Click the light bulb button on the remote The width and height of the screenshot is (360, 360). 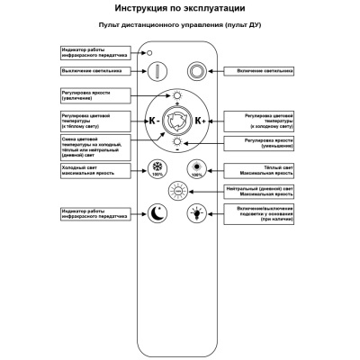[x=195, y=213]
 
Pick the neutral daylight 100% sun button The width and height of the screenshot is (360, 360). [x=176, y=191]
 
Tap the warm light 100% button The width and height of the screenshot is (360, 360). [x=195, y=168]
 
